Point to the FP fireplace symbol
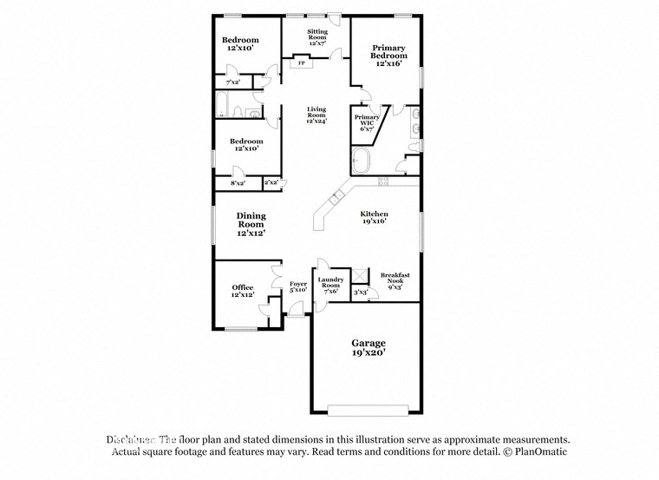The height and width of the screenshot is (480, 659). [302, 63]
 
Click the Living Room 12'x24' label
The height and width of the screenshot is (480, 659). [316, 115]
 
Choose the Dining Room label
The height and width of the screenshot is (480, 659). [251, 224]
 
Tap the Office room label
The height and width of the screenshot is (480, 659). [242, 292]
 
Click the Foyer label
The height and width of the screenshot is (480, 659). [298, 286]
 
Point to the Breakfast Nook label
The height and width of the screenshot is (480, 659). [395, 280]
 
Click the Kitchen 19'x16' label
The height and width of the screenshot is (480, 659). [375, 217]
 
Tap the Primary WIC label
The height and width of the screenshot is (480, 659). [366, 122]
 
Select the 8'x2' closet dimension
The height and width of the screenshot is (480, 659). [238, 183]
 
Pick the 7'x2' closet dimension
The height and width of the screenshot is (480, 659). [232, 82]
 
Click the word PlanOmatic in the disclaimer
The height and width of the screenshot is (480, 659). [539, 452]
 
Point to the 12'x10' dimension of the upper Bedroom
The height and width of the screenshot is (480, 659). [240, 49]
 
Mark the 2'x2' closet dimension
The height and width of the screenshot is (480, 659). [271, 182]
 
